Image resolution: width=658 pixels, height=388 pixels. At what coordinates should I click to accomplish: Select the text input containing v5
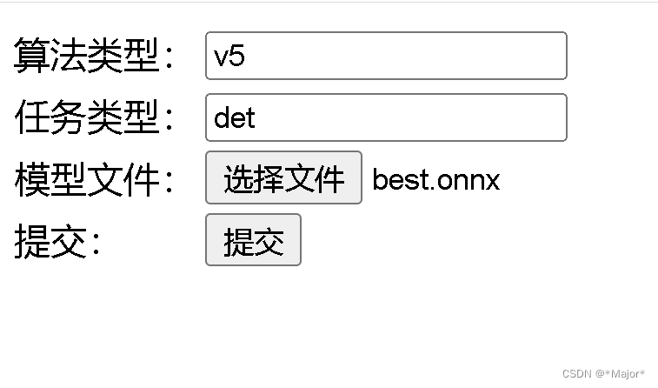click(386, 56)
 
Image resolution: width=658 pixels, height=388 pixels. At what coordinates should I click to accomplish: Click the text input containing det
click(386, 117)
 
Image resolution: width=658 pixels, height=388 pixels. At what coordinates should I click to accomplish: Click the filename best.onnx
click(436, 180)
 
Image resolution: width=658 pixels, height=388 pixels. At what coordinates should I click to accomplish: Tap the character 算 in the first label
click(32, 57)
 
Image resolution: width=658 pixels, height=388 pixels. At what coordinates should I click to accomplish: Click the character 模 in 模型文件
click(32, 180)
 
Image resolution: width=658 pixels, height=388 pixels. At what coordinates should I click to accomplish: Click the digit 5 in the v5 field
click(237, 57)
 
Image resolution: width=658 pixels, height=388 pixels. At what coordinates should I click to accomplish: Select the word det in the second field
click(234, 117)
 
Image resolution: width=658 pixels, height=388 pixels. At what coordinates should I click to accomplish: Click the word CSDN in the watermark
click(576, 374)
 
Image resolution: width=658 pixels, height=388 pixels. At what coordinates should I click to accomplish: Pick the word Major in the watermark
click(625, 374)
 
